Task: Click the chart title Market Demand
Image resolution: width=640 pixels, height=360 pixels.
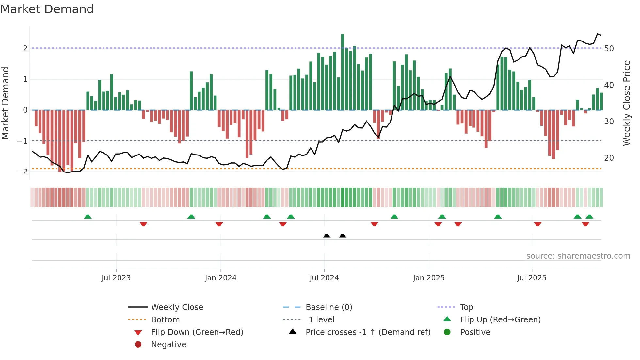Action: coord(47,9)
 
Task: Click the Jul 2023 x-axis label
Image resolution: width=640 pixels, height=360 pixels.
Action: coord(116,278)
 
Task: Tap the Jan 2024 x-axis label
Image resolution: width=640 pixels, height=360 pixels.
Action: coord(220,278)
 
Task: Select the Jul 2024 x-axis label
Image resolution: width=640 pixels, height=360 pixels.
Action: coord(324,278)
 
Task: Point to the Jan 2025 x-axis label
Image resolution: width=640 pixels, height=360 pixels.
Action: coord(428,278)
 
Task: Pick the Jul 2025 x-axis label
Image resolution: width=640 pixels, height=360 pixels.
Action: coord(532,278)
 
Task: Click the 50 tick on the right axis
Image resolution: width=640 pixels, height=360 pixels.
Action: coord(609,49)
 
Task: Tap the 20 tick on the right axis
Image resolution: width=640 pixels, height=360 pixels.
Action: coord(609,158)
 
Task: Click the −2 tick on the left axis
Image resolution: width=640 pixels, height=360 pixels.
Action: coord(22,172)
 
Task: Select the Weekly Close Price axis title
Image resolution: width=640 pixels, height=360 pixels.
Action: coord(626,103)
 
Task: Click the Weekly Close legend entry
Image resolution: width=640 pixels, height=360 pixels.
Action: coord(177,307)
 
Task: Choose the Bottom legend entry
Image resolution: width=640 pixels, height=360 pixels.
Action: coord(165,320)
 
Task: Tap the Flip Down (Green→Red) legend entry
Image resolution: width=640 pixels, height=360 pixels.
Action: coord(197,332)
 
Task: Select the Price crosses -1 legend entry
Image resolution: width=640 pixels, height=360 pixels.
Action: coord(368,332)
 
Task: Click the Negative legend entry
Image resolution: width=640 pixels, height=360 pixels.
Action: coord(168,345)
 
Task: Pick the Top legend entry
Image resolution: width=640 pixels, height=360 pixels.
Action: coord(466,307)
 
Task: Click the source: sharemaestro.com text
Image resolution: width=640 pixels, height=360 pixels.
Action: coord(578,256)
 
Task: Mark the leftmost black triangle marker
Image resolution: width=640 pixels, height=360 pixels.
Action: coord(327,236)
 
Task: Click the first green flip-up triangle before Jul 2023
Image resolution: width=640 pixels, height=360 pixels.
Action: coord(88,217)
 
